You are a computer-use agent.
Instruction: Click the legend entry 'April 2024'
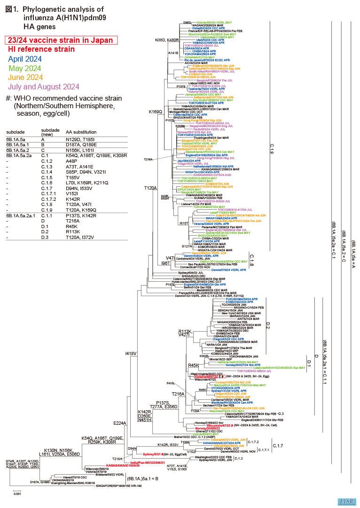[x=27, y=59]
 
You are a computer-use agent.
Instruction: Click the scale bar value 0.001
[x=16, y=493]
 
